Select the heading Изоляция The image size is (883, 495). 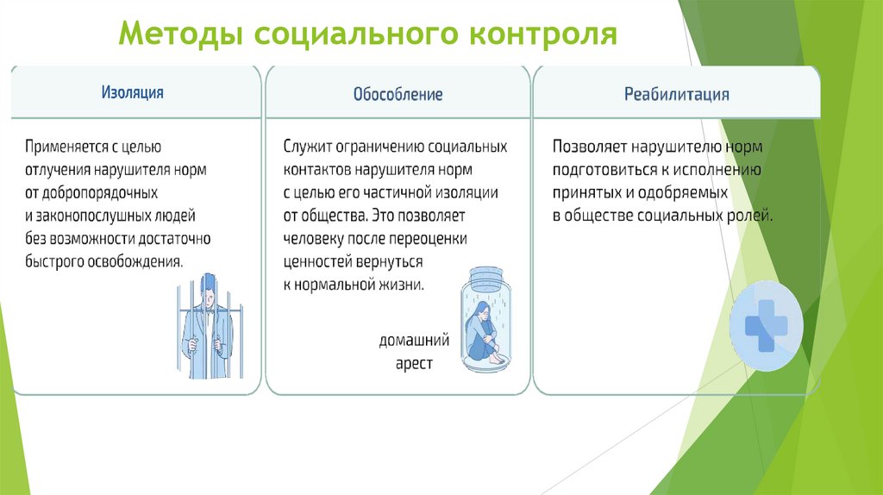click(133, 92)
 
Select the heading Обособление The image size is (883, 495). click(398, 94)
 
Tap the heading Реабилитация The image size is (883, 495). click(677, 94)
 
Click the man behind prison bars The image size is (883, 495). click(207, 327)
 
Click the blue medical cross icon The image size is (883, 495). click(766, 326)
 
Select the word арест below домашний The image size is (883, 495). click(414, 364)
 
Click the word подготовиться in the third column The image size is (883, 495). click(603, 169)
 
